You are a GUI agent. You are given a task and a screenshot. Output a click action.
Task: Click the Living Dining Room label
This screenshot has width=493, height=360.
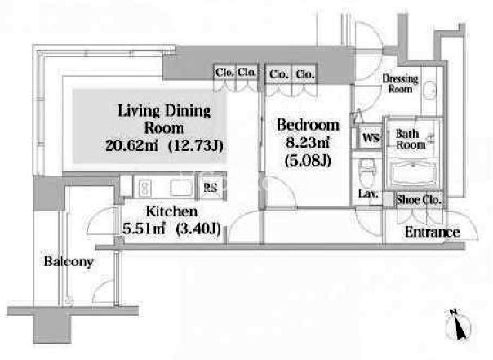(x=164, y=119)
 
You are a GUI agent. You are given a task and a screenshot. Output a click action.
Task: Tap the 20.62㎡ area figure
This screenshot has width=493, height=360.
(x=131, y=145)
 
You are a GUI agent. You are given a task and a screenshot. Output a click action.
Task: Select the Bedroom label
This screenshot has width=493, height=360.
(x=309, y=125)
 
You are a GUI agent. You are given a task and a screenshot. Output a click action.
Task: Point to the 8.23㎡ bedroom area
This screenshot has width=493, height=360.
(x=308, y=143)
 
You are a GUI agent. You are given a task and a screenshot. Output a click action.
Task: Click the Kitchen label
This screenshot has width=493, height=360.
(x=171, y=211)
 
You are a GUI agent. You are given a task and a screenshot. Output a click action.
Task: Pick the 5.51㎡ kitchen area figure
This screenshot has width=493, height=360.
(x=144, y=229)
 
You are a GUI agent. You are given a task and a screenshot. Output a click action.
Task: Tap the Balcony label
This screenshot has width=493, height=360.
(x=69, y=261)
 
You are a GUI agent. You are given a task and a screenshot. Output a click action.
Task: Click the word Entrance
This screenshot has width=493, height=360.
(x=433, y=232)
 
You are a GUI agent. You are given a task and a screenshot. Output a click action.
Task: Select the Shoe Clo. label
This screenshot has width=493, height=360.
(x=419, y=200)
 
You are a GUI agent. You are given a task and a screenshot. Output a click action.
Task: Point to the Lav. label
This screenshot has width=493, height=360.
(x=368, y=193)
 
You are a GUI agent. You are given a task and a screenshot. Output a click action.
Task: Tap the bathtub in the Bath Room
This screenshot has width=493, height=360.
(x=413, y=174)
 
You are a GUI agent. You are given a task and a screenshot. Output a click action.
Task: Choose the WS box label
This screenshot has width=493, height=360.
(x=371, y=138)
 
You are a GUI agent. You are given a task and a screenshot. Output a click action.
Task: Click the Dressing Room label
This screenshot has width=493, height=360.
(x=400, y=83)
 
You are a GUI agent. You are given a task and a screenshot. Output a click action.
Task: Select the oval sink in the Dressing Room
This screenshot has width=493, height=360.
(x=429, y=91)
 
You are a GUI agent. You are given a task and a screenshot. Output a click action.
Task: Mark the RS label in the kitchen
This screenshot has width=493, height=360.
(x=210, y=188)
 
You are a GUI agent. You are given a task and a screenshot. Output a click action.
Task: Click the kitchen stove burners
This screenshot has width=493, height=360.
(x=144, y=188)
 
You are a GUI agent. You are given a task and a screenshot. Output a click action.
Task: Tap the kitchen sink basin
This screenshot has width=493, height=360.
(x=181, y=188)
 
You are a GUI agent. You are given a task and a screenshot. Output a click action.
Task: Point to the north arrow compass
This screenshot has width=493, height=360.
(x=457, y=324)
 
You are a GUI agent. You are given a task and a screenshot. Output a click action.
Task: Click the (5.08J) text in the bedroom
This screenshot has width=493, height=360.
(x=308, y=162)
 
